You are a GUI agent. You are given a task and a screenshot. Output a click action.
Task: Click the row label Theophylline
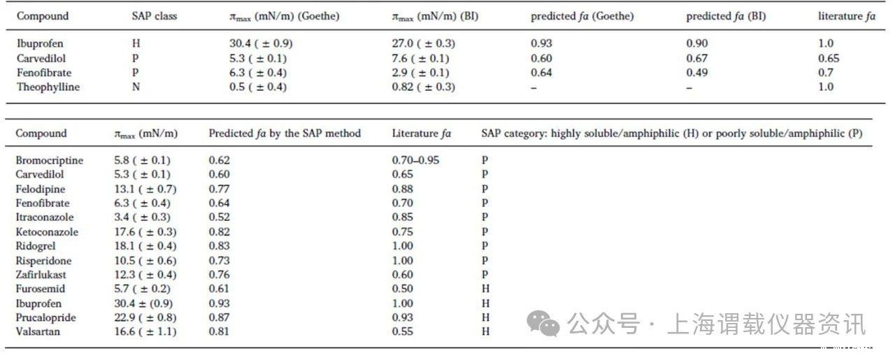coord(48,87)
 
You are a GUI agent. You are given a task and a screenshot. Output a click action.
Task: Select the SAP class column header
coord(155,16)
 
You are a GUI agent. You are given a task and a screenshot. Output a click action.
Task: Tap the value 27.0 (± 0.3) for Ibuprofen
coord(424,43)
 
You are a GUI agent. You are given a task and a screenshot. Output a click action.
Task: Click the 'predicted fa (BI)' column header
coord(726,16)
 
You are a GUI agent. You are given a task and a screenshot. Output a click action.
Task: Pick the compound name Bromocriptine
coord(49,161)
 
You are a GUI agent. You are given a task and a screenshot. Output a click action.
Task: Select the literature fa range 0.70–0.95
coord(420,161)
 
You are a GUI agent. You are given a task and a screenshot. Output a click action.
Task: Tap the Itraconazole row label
coord(45,217)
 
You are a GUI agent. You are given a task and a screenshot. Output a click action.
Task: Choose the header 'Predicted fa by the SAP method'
coord(285,133)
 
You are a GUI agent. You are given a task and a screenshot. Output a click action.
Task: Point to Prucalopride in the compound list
coord(45,318)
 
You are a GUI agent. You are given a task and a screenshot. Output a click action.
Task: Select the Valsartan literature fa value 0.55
coord(403,332)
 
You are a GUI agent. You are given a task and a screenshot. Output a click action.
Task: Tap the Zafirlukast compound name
coord(43,275)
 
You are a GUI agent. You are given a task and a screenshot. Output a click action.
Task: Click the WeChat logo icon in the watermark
coord(543,324)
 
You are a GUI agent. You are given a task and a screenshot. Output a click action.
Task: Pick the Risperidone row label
coord(44,261)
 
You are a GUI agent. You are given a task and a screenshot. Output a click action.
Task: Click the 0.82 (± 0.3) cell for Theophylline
coord(424,87)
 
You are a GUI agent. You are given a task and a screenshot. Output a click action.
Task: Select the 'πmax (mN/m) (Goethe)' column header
coord(280,16)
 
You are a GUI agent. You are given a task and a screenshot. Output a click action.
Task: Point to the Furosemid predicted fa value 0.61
coord(220,289)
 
